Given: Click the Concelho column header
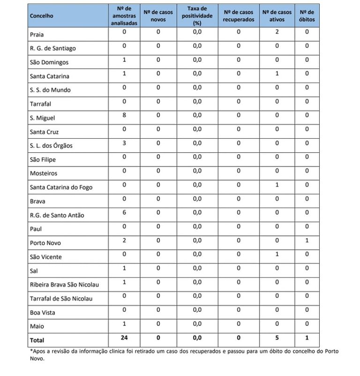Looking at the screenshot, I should tap(41, 16).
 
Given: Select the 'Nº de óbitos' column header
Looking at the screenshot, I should tap(307, 16).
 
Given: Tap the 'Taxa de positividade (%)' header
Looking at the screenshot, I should tap(197, 16).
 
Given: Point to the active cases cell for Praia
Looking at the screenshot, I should tap(277, 32).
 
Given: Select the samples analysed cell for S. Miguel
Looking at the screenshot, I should tap(125, 115).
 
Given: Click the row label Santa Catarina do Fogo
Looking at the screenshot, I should tap(61, 188).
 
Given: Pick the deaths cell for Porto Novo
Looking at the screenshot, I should tap(307, 240).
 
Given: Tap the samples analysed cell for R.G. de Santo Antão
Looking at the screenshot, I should tap(125, 212).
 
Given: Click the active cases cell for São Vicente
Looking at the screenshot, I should tap(277, 254).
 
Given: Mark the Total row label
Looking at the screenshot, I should tap(37, 340).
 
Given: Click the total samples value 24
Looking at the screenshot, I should tap(125, 338).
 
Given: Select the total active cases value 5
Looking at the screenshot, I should tap(277, 338).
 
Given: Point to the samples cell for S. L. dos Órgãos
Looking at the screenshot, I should tap(125, 143).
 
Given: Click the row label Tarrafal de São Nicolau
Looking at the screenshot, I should tap(61, 299).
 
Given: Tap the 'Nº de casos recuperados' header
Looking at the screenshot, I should tap(239, 16).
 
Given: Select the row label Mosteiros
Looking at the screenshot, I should tap(43, 173).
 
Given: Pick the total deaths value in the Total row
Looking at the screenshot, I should tap(307, 338).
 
